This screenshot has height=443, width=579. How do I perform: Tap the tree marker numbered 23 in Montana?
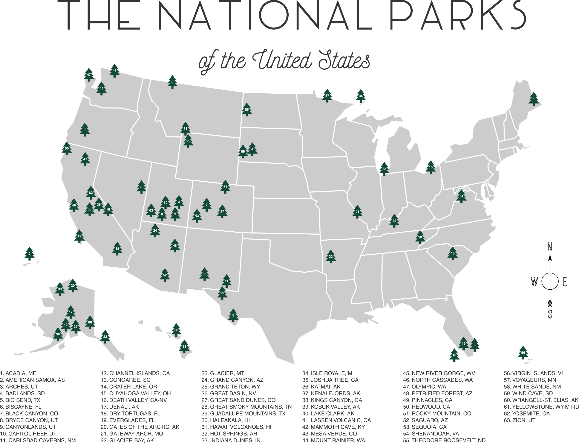click(x=172, y=82)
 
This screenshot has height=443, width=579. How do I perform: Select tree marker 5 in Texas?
click(x=233, y=315)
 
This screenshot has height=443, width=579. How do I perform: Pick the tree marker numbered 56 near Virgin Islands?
click(x=523, y=353)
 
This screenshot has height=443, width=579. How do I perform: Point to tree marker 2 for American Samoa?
click(x=29, y=254)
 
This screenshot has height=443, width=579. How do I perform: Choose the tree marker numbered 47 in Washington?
click(x=89, y=75)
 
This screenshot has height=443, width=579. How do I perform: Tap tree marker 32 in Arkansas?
click(x=331, y=257)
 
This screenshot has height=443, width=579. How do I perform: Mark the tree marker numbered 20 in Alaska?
click(x=73, y=286)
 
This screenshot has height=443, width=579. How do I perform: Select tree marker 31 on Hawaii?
click(x=184, y=347)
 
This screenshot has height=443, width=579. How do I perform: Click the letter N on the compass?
click(x=550, y=247)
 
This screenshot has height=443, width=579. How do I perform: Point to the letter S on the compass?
click(x=550, y=314)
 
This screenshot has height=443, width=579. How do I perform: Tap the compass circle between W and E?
click(x=550, y=282)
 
